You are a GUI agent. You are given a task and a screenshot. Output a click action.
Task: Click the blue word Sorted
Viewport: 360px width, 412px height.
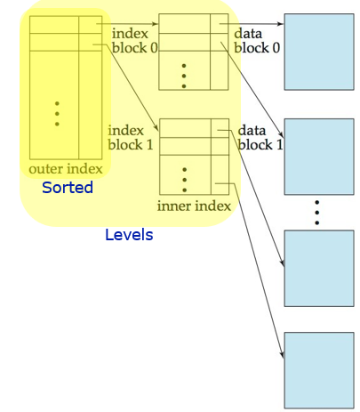click(x=68, y=188)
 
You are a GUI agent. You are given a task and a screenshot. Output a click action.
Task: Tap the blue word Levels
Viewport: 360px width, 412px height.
click(x=129, y=235)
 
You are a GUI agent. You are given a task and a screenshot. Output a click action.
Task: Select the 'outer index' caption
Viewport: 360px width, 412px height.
click(x=66, y=169)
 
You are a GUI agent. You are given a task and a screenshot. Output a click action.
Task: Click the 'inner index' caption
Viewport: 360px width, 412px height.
click(x=194, y=206)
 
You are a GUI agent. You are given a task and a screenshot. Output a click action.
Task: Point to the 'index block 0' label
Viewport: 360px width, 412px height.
click(x=134, y=40)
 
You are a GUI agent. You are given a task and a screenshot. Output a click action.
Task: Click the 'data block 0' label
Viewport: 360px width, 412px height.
click(x=257, y=40)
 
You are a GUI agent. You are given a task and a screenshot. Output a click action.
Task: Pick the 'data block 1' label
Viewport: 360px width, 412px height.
click(x=260, y=137)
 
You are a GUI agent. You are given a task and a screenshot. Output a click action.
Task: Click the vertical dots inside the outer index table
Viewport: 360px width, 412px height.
click(x=56, y=113)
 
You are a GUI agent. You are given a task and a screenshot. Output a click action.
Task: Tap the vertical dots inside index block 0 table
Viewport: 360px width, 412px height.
click(x=184, y=75)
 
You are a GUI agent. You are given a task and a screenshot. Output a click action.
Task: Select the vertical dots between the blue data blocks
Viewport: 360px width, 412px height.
click(x=316, y=212)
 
